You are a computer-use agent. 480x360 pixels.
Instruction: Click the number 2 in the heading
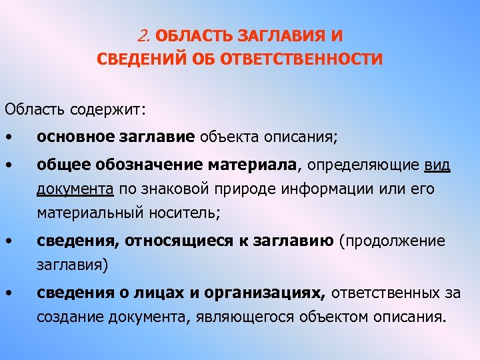point(147,35)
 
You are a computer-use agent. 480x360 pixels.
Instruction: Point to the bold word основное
point(74,137)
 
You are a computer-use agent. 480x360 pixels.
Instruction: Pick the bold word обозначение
point(142,165)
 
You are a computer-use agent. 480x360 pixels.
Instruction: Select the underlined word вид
point(437,165)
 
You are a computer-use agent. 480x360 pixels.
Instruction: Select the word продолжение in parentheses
point(395,241)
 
